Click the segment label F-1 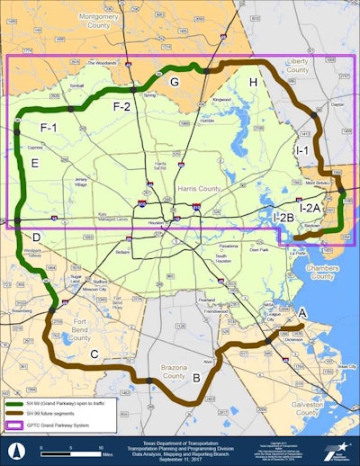pyautogui.click(x=48, y=128)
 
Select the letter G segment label pyautogui.click(x=175, y=82)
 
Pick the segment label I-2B pyautogui.click(x=284, y=217)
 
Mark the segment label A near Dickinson pyautogui.click(x=302, y=311)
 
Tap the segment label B pyautogui.click(x=195, y=377)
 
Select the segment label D pyautogui.click(x=36, y=237)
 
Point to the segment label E pyautogui.click(x=34, y=163)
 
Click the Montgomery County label pyautogui.click(x=104, y=21)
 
